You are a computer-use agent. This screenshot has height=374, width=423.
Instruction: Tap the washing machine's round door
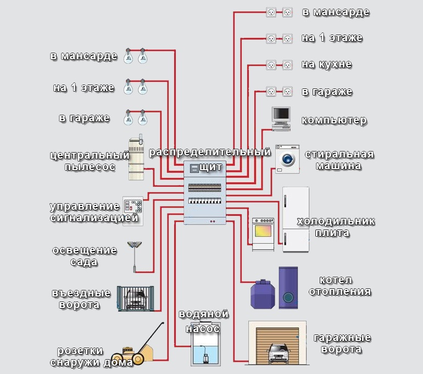tap(287, 160)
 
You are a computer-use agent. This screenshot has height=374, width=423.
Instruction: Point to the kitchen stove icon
tap(263, 235)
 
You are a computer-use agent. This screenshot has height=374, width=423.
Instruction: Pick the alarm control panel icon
tap(132, 209)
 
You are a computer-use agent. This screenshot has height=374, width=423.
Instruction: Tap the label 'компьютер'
tap(335, 120)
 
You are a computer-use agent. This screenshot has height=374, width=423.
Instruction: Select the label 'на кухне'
tap(326, 65)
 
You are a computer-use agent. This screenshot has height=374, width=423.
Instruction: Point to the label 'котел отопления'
tap(339, 286)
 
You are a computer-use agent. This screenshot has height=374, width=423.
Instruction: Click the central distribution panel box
tap(205, 194)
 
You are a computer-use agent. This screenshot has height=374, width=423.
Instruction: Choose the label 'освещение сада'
tap(84, 256)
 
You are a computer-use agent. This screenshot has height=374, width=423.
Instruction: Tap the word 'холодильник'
tap(336, 221)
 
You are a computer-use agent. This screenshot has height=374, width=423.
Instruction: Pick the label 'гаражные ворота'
tap(342, 343)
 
